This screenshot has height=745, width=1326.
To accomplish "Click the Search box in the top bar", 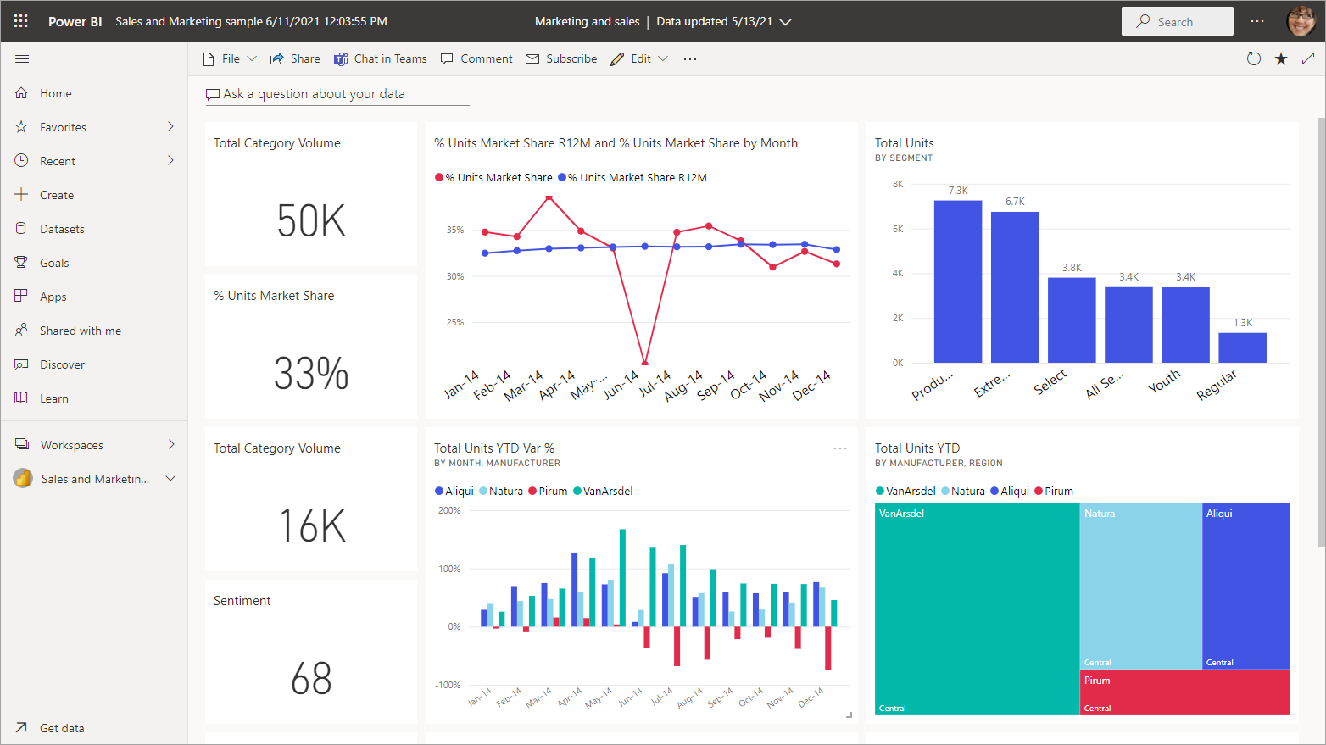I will point(1177,22).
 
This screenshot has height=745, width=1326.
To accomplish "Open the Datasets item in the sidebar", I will point(62,229).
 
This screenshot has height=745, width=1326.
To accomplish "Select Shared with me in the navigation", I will point(80,331).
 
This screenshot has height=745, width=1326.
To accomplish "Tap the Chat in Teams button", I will point(381,58).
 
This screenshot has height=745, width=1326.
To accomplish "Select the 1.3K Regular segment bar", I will point(1242,347).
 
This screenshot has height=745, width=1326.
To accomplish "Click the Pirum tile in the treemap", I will point(1184,692).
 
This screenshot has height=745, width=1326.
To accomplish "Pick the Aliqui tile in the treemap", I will point(1245,585).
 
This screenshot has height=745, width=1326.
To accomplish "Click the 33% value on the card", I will point(311,374).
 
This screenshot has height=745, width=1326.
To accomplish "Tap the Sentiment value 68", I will point(311,679).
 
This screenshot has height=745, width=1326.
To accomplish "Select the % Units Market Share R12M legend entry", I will point(637,177).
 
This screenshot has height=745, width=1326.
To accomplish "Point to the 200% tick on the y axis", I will point(449,510).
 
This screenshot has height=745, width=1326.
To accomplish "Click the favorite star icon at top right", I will point(1281,58).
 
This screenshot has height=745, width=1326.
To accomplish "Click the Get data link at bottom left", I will point(61,728).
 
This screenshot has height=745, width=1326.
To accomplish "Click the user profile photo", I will point(1301,21).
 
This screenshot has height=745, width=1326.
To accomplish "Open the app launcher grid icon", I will point(21,21).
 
